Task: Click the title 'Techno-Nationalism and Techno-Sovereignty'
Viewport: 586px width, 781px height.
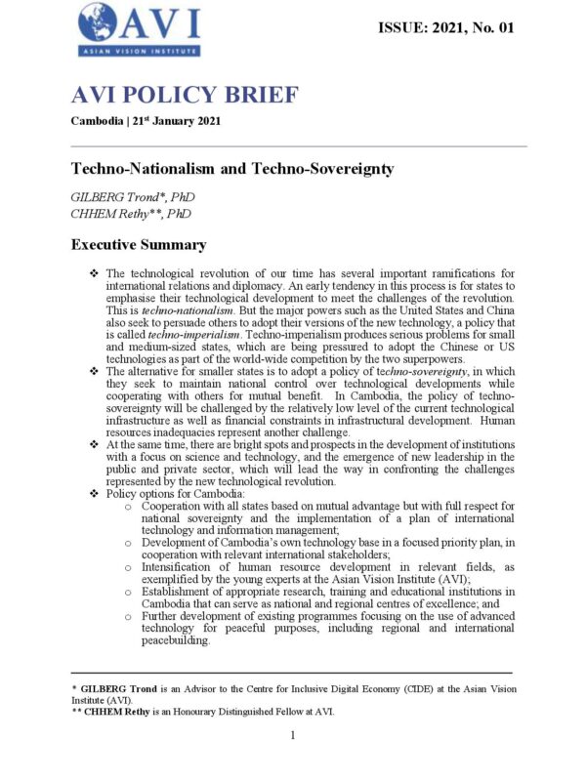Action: [x=232, y=169]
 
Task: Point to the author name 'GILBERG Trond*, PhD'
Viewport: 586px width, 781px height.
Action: [x=134, y=196]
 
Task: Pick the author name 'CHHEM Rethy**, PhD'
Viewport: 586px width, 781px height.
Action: [x=131, y=213]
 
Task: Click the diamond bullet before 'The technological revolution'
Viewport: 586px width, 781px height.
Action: [x=93, y=272]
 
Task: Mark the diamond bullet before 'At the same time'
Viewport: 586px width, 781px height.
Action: [x=93, y=442]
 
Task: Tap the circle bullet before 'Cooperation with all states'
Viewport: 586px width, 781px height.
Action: [x=129, y=508]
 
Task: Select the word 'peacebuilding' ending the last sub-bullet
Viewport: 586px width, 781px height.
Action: [x=177, y=642]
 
